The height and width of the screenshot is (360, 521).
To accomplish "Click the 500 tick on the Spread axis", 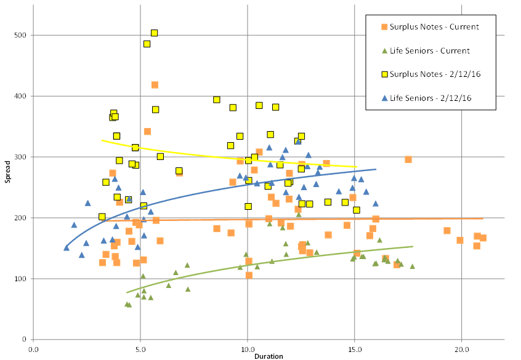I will [22, 35].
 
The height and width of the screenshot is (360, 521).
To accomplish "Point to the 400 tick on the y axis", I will [22, 96].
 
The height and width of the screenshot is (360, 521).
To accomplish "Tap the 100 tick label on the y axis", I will [22, 279].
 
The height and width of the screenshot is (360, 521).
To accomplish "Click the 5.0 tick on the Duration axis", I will [140, 348].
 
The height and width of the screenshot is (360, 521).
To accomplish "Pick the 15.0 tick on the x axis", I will [354, 348].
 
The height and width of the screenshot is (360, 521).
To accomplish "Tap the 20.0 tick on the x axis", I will [461, 348].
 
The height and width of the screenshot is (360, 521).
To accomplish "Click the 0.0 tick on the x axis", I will [33, 348].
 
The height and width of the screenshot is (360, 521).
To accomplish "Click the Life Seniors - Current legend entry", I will [426, 51].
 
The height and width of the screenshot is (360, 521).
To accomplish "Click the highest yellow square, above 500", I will [155, 33].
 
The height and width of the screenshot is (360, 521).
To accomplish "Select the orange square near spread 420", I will [155, 85].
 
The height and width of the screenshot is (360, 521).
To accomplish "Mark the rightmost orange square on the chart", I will [483, 238].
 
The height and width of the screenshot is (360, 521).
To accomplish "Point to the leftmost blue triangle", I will [67, 247].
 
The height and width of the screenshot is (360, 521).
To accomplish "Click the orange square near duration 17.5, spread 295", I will [408, 159].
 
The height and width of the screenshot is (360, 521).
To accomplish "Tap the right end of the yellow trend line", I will [357, 167].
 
